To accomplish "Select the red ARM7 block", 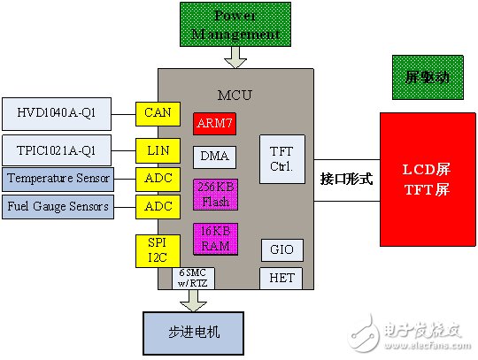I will tap(213, 124).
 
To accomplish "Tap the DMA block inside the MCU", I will tap(213, 157).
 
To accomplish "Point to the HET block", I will tap(279, 279).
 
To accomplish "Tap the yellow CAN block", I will tap(158, 113).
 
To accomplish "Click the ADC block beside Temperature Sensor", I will tap(158, 178).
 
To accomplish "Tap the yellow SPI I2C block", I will tap(158, 251).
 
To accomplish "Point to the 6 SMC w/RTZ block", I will tap(193, 278).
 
